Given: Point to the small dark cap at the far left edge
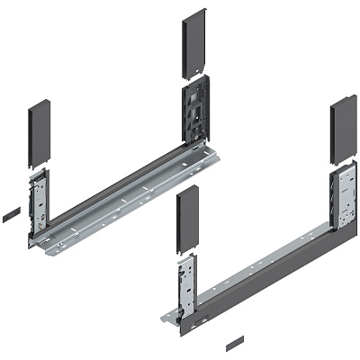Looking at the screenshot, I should point(10,215).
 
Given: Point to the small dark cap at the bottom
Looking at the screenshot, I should point(234,343).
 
